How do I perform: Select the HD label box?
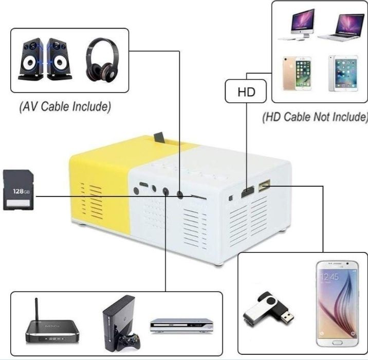point(246,93)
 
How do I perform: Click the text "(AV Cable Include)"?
point(64,107)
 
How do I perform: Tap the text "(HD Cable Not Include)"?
point(315,117)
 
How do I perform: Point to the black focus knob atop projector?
point(160,138)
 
